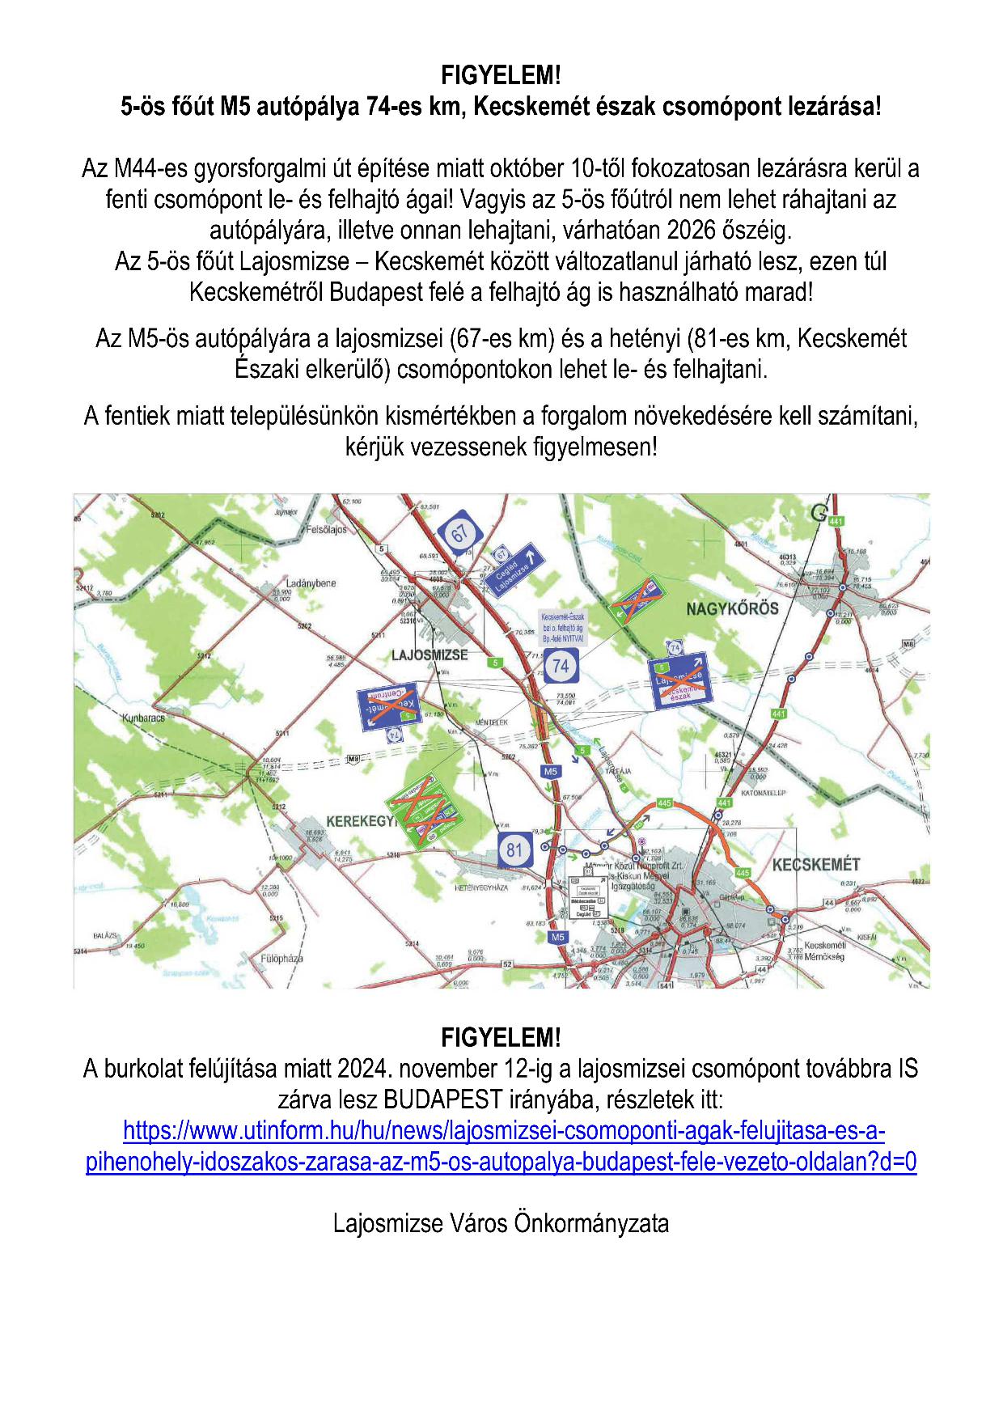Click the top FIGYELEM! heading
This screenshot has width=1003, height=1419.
[x=501, y=76]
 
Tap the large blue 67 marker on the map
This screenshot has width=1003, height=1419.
[x=459, y=534]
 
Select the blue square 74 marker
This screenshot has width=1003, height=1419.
[x=561, y=667]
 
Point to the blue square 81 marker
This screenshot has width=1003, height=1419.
[x=514, y=849]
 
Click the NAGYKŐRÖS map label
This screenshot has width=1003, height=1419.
[x=732, y=608]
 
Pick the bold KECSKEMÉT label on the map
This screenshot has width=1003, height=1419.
[x=815, y=865]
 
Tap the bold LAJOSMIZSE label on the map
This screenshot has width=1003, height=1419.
[x=430, y=654]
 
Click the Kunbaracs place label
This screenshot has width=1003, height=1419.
[x=143, y=718]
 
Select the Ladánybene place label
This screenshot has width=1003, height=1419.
[x=311, y=583]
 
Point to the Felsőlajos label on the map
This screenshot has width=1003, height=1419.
[x=327, y=530]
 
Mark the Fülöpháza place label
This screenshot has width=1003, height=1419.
[x=281, y=959]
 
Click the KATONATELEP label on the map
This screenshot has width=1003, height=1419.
[x=763, y=794]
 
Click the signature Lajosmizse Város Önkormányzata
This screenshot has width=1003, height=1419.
[x=501, y=1222]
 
